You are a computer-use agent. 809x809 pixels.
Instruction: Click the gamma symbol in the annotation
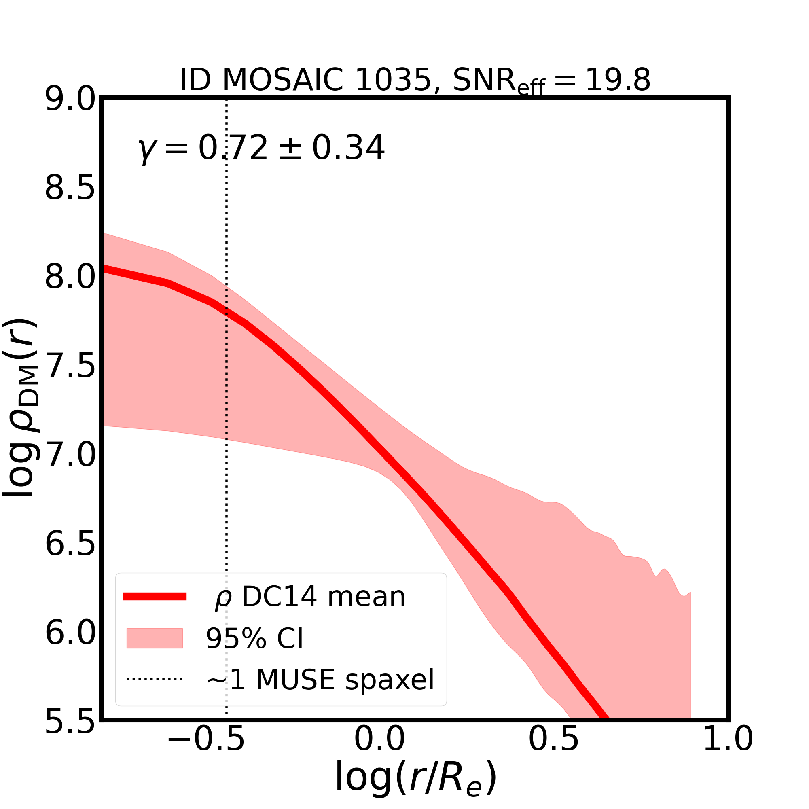(x=146, y=150)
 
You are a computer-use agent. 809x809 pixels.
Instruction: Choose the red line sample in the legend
(x=155, y=597)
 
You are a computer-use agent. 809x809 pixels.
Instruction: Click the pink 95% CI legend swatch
(x=155, y=639)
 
